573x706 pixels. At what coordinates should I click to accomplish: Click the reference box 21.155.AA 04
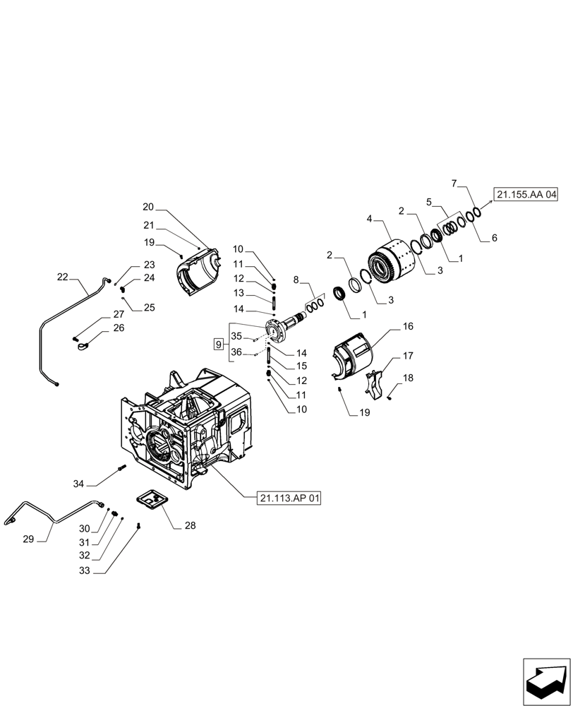[x=526, y=194]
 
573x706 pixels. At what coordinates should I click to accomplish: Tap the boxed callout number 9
[x=219, y=345]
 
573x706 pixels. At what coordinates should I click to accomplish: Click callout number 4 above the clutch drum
[x=369, y=220]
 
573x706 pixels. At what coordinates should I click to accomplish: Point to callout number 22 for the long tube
[x=63, y=277]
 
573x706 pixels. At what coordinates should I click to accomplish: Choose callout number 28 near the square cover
[x=191, y=525]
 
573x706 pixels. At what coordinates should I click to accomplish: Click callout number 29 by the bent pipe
[x=28, y=539]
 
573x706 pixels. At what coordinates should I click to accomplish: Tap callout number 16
[x=408, y=327]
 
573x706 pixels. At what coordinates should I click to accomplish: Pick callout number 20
[x=147, y=207]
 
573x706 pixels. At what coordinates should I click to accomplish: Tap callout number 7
[x=455, y=184]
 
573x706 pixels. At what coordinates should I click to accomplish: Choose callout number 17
[x=408, y=356]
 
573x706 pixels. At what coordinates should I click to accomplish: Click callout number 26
[x=117, y=328]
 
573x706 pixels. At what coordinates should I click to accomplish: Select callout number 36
[x=236, y=353]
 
